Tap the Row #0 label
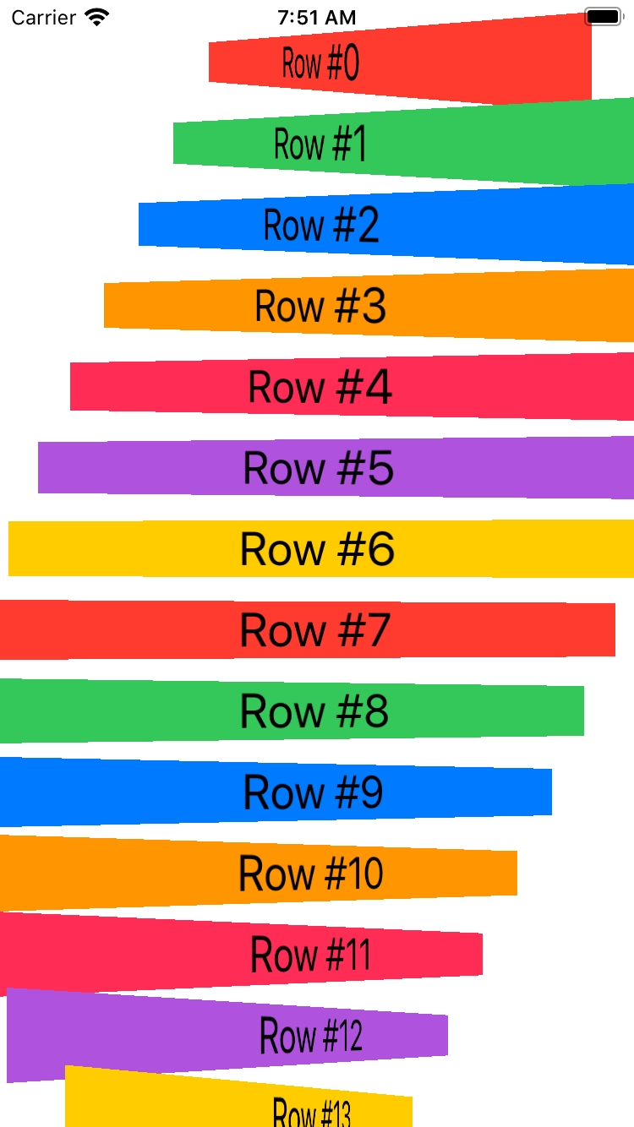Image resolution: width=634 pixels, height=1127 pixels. coord(320,64)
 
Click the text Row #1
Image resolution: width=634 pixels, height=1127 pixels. coord(320,144)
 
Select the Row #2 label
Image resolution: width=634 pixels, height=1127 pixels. coord(321,225)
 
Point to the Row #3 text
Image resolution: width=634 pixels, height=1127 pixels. coord(320,305)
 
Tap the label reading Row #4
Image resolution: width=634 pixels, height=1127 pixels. coord(320,386)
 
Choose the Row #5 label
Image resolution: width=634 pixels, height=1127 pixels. coord(319,467)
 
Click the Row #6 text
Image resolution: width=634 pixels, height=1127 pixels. coord(318,548)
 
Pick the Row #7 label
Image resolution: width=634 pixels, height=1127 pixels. coord(315,629)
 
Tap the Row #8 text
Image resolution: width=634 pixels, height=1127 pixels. coord(314,710)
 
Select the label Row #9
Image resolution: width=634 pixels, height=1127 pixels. coord(314,792)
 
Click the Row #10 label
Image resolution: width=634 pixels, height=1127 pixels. coord(311,873)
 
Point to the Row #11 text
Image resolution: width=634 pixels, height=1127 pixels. coord(310,954)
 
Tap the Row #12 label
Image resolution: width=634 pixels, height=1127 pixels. coord(311,1035)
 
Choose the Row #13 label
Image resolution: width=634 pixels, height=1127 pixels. coord(311,1111)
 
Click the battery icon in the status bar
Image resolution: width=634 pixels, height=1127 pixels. coord(604,17)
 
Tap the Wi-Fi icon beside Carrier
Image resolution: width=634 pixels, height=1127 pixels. coord(98,17)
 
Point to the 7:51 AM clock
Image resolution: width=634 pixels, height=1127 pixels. coord(317,17)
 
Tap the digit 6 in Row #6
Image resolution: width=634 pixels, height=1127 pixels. coord(380,549)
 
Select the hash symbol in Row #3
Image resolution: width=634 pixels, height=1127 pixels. coord(347,305)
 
